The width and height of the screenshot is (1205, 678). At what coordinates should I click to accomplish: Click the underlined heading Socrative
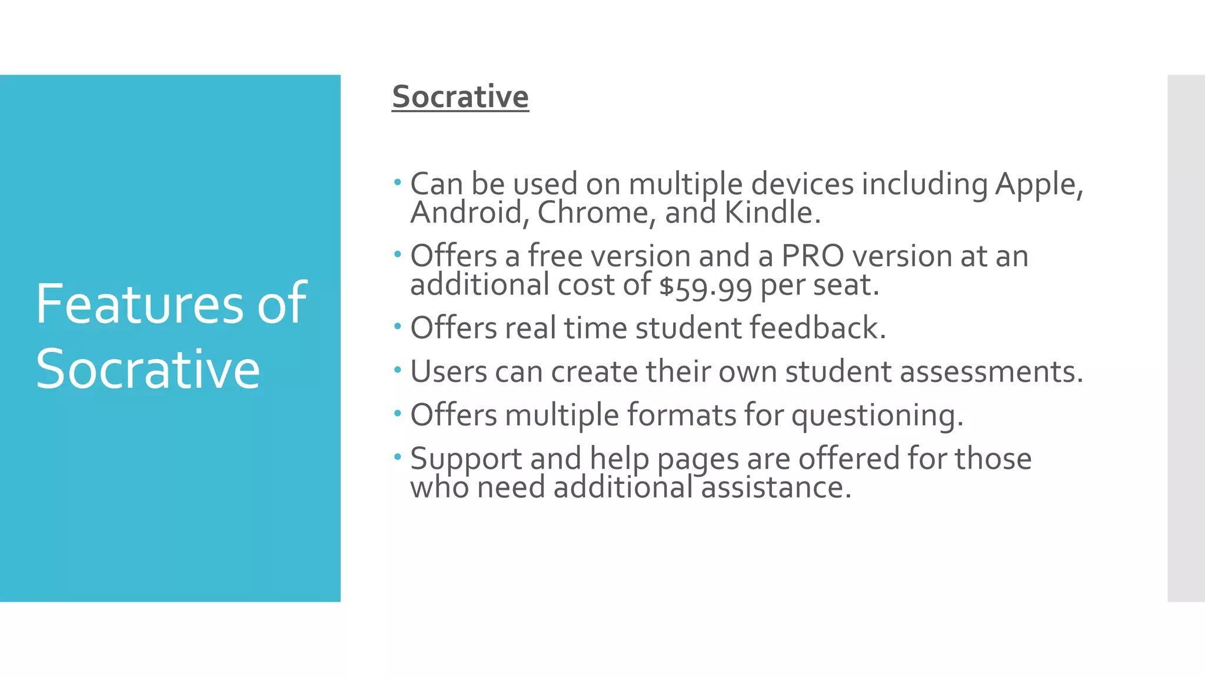460,97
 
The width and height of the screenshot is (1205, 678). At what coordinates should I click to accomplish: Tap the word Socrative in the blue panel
147,370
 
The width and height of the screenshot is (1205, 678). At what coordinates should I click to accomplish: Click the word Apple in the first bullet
1038,185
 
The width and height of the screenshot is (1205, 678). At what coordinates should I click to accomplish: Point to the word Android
466,212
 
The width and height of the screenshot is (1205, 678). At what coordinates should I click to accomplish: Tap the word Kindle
771,212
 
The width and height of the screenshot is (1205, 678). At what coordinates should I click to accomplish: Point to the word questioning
877,416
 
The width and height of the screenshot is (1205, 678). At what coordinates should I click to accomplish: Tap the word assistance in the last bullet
775,488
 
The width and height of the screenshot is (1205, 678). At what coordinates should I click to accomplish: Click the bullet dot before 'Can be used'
398,182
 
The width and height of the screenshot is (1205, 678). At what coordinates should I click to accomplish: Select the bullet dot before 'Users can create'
398,370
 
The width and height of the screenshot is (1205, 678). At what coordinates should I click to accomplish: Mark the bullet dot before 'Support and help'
398,457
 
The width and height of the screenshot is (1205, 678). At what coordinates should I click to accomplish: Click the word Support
465,460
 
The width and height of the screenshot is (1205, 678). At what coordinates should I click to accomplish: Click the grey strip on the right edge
1186,338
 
